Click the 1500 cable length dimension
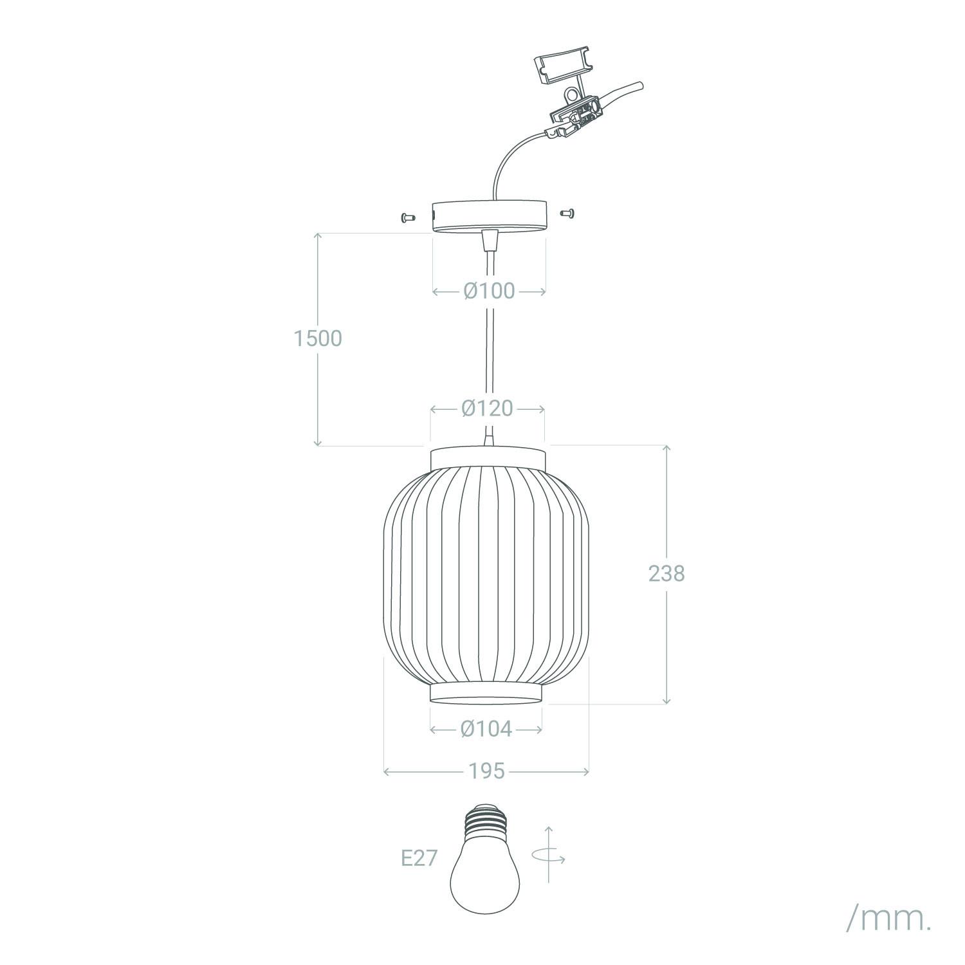click(x=318, y=338)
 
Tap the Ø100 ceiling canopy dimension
click(x=489, y=291)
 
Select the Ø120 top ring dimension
click(x=488, y=409)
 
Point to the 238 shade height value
click(x=666, y=573)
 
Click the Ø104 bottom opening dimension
click(x=486, y=729)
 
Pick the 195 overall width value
click(x=486, y=771)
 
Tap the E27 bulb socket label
click(x=419, y=858)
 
